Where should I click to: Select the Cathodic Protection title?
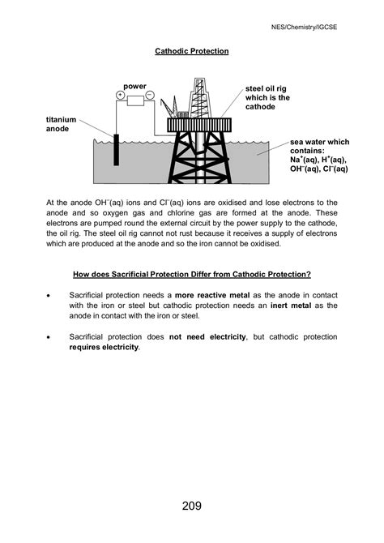coord(192,51)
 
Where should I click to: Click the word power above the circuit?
coord(135,84)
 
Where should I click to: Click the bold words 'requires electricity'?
coord(105,348)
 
